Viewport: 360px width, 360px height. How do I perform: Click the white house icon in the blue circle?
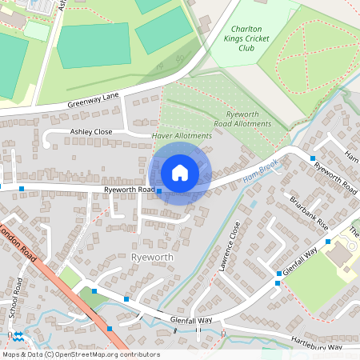point(180,172)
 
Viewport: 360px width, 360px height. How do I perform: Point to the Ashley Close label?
point(92,131)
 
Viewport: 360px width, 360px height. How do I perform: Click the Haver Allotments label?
point(182,136)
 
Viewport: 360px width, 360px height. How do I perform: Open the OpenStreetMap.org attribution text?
point(97,354)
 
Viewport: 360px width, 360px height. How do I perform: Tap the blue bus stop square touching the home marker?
point(159,191)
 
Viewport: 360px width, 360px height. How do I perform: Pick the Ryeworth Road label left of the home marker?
point(128,190)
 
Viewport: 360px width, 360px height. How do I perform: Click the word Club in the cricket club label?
point(246,48)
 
